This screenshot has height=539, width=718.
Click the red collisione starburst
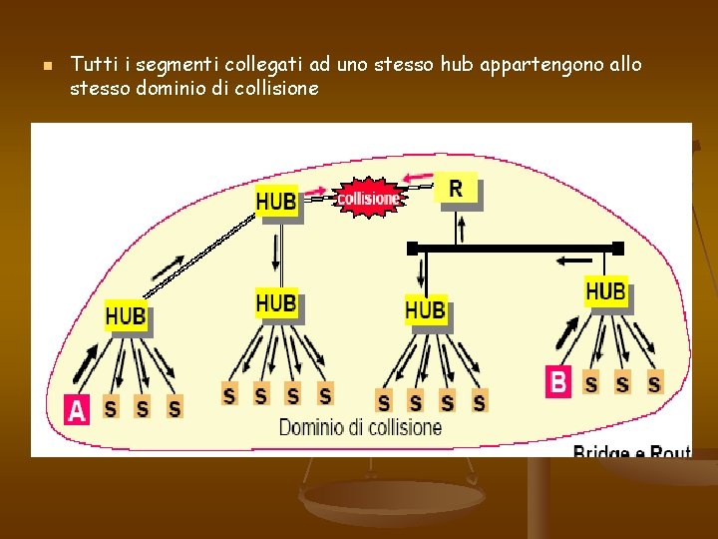pos(368,198)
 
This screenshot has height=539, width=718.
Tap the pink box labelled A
pos(76,409)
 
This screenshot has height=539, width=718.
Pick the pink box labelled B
pos(558,381)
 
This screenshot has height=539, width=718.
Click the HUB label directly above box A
pos(126,316)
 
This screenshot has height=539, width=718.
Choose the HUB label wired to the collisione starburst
pos(276,202)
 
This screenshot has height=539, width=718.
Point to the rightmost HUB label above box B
pos(605,292)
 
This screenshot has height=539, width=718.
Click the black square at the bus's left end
pos(412,248)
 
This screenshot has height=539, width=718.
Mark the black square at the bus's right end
pos(617,248)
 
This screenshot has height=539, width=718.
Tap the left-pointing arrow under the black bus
pos(575,262)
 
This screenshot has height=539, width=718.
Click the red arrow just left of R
pos(419,180)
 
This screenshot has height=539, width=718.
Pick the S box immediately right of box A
pos(111,407)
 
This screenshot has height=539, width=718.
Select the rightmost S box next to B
pos(654,383)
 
